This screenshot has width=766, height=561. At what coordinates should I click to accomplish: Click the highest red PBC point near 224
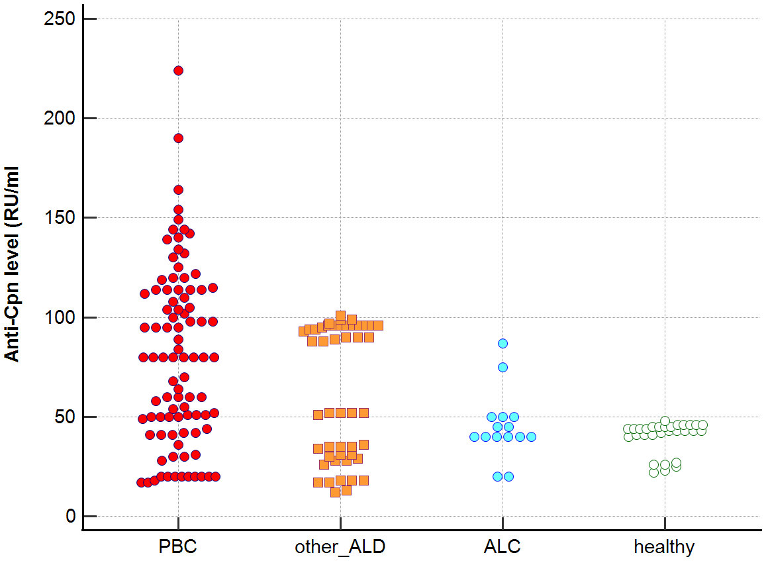(x=178, y=71)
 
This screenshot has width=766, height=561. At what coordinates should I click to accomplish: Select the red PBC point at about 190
(x=178, y=138)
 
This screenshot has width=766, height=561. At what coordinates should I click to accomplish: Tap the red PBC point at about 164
(x=178, y=190)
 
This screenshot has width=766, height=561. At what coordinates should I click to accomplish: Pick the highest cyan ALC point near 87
(x=503, y=343)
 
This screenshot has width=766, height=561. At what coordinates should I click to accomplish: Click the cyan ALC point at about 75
(x=503, y=367)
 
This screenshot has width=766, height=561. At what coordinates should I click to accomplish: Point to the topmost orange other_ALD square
(x=340, y=316)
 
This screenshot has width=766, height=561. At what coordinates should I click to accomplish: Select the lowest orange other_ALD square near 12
(x=335, y=492)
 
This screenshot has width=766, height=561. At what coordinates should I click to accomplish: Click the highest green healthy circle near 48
(x=665, y=421)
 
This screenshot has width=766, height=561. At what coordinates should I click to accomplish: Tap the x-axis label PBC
(x=177, y=547)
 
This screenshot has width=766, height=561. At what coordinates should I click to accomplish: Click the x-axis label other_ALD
(x=340, y=547)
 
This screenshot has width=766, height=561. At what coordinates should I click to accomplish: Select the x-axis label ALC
(x=503, y=547)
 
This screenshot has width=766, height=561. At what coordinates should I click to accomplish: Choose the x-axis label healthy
(x=664, y=547)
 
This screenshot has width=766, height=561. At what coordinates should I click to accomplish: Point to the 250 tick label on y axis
(x=59, y=19)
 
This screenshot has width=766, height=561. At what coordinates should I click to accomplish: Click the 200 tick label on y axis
(x=59, y=118)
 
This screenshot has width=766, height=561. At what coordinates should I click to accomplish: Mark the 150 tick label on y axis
(x=59, y=217)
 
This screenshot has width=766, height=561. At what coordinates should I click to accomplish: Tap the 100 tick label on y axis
(x=59, y=317)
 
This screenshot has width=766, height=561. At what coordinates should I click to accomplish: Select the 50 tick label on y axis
(x=64, y=417)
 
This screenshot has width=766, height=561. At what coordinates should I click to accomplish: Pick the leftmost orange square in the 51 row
(x=318, y=415)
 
